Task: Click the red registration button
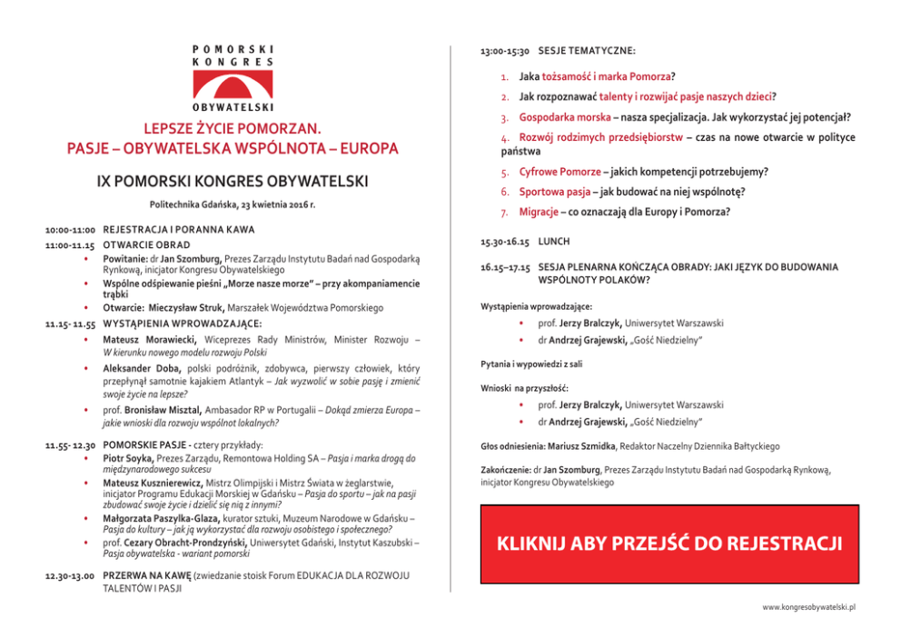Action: click(668, 543)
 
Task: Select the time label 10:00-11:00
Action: click(72, 231)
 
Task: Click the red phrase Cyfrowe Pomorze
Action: click(559, 172)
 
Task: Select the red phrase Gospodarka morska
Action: click(564, 118)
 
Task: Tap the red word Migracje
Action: click(537, 213)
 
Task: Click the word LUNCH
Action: click(553, 244)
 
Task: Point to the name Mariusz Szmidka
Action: click(582, 446)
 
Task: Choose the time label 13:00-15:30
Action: click(504, 51)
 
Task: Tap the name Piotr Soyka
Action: click(128, 459)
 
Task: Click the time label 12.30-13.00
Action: click(72, 576)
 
